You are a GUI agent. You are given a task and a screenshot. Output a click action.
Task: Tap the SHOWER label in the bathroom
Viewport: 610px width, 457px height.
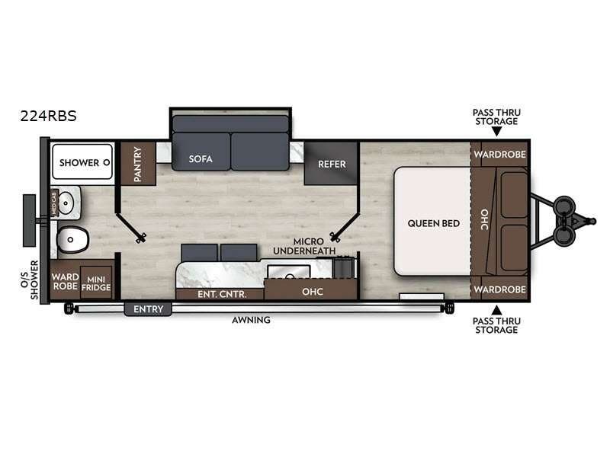click(79, 162)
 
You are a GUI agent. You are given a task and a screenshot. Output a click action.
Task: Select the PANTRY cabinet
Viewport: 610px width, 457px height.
click(138, 163)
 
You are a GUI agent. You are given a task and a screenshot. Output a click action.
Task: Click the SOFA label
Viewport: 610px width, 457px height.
click(201, 159)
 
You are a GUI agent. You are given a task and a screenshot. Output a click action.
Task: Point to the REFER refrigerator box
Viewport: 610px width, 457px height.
click(332, 163)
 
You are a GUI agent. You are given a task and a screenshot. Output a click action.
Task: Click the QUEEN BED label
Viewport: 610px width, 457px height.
click(433, 223)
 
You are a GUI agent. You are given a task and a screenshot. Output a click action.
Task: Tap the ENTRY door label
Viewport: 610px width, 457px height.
click(148, 308)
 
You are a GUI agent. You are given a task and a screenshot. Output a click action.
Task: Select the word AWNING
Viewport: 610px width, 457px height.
click(252, 320)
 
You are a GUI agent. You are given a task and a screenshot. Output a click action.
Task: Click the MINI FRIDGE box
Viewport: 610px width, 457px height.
click(97, 283)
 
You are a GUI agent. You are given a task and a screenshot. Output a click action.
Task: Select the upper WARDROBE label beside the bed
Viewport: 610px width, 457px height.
click(499, 155)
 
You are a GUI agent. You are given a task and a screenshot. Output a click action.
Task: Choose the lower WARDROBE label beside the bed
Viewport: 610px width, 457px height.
click(499, 289)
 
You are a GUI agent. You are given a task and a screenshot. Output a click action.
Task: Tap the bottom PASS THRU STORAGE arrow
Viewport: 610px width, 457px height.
click(496, 310)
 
